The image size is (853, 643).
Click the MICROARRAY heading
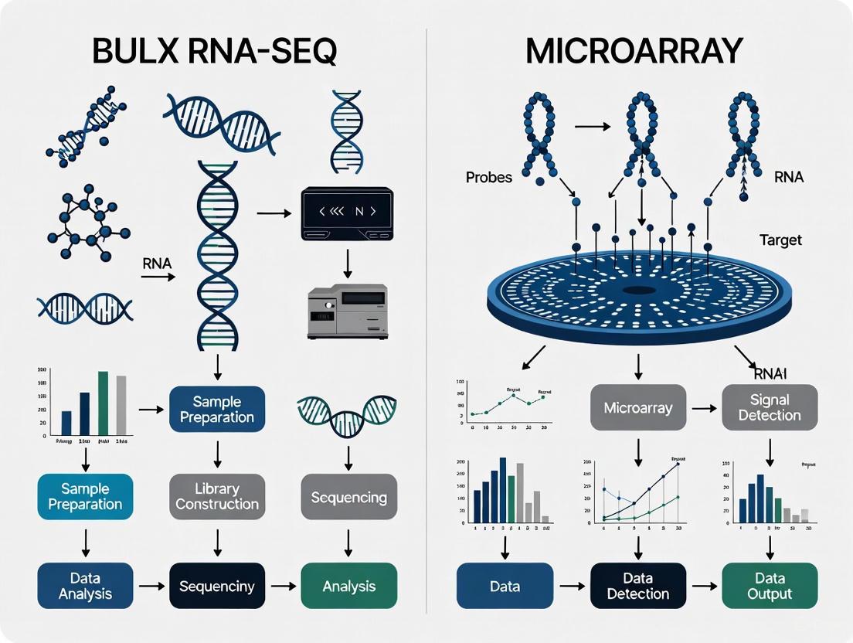click(x=634, y=51)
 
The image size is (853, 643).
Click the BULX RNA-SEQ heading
click(x=214, y=51)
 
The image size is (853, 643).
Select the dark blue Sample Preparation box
click(x=217, y=410)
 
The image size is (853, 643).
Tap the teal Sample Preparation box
click(x=85, y=496)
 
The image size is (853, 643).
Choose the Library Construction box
click(x=217, y=496)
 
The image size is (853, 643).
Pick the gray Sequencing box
click(x=348, y=496)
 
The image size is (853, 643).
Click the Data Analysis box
click(x=85, y=586)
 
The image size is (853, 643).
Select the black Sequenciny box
click(x=217, y=586)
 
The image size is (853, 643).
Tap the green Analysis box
click(x=348, y=586)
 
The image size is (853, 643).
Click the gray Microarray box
click(x=638, y=407)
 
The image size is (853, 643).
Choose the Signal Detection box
click(x=770, y=407)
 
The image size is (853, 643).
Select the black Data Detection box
click(x=638, y=586)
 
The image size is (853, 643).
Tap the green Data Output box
click(x=770, y=586)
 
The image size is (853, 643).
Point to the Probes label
click(x=488, y=177)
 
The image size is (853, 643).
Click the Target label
click(x=780, y=240)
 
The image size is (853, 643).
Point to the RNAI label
click(x=769, y=375)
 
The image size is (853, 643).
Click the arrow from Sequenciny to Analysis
click(x=283, y=586)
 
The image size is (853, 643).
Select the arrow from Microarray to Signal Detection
click(x=704, y=407)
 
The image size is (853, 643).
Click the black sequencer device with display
click(x=342, y=211)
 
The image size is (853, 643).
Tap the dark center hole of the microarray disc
click(x=638, y=291)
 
